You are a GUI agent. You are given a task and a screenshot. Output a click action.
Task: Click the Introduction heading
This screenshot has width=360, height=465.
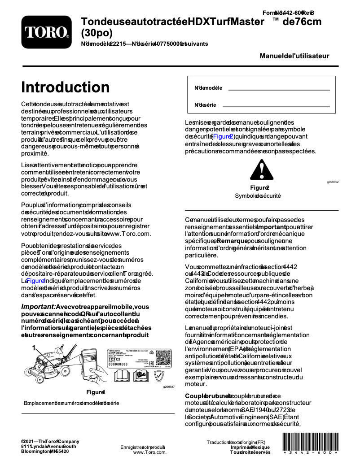(x=66, y=87)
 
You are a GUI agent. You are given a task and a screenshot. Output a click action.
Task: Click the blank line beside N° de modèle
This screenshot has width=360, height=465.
(x=279, y=90)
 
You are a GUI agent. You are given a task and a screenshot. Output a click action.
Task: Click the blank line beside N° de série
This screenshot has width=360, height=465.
(x=276, y=106)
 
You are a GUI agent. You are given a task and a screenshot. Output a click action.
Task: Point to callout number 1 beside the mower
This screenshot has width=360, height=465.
(x=33, y=348)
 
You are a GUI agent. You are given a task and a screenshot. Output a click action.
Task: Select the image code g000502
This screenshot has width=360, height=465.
(x=333, y=182)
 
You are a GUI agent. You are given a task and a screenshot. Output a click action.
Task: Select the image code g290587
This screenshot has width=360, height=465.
(x=169, y=387)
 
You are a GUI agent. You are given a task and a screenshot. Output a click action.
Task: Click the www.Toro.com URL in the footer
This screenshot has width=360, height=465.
(x=149, y=452)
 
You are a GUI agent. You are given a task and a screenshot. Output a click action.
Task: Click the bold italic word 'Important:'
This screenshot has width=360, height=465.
(x=38, y=307)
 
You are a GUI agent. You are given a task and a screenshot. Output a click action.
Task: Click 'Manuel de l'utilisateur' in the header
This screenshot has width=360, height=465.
(x=294, y=56)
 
